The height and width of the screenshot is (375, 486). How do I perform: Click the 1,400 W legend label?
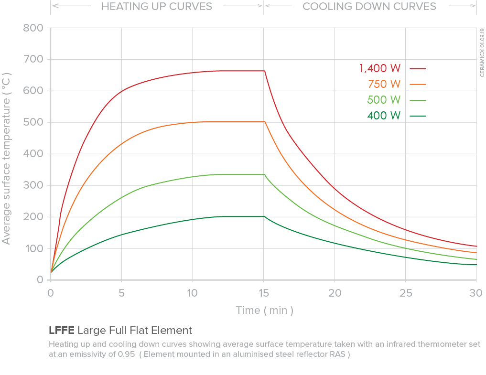coord(380,68)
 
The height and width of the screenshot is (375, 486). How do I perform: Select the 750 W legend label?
coord(384,84)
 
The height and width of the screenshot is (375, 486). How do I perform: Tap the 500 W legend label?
coord(384,100)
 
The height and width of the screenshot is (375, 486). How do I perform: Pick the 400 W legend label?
coord(384,116)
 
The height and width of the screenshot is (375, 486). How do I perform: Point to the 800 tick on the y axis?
coord(33,28)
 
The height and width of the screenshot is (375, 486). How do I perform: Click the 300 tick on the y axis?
coord(33,185)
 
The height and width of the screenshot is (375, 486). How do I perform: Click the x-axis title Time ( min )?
coord(264,311)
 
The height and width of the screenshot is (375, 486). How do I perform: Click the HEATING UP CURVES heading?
coord(157,7)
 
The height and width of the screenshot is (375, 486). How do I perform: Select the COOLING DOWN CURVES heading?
coord(369,7)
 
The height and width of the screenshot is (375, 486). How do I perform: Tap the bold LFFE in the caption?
coord(61,330)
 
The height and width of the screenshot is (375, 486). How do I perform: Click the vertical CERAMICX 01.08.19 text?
coord(482,53)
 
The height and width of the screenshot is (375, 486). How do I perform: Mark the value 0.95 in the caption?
coord(127,354)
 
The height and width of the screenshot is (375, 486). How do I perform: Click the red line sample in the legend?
coord(418,68)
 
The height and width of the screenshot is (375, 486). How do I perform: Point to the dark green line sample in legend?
coord(418,116)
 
